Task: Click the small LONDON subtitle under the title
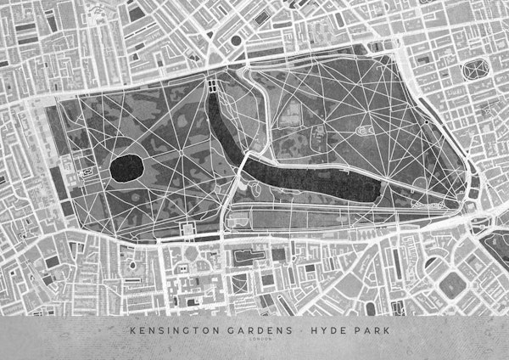click(x=255, y=340)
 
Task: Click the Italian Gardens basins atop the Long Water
click(x=211, y=86)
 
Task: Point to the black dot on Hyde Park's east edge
click(x=426, y=123)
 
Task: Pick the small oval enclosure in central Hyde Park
click(x=367, y=130)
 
